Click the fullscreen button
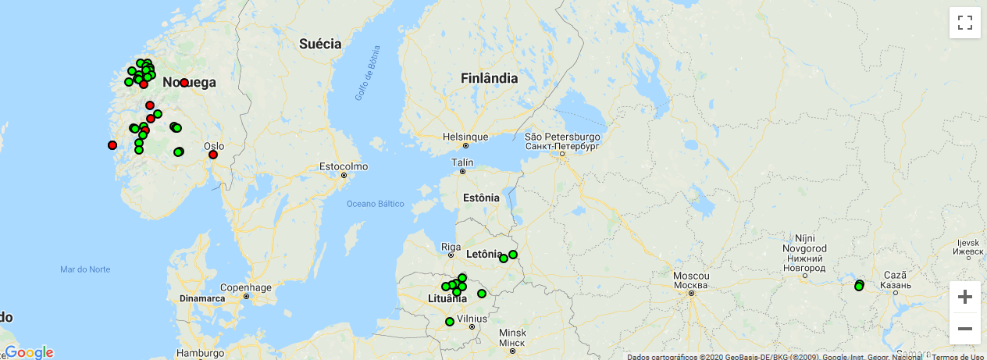pos(964,23)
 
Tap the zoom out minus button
pos(964,329)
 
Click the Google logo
pos(29,352)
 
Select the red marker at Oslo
pos(213,155)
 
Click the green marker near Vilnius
pos(450,322)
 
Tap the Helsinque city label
pos(465,137)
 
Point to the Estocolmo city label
pos(344,166)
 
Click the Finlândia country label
pos(489,78)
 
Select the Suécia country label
pos(320,44)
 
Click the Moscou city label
pos(691,276)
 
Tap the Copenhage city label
pos(245,287)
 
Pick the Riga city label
pos(451,247)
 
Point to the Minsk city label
pos(511,333)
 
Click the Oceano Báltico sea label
pos(376,204)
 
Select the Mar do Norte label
pos(85,269)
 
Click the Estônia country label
pos(481,198)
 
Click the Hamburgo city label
pos(200,352)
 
